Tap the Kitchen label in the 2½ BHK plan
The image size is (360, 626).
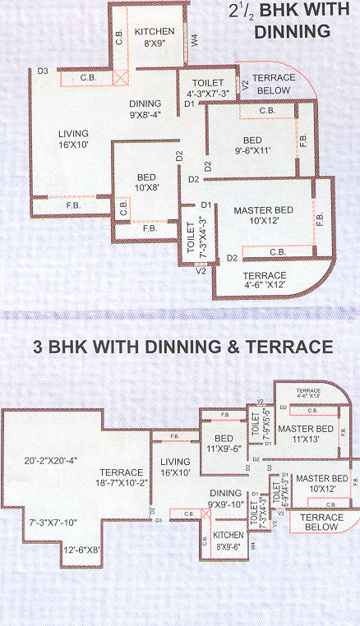click(155, 36)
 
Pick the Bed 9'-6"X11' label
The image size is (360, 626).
click(252, 145)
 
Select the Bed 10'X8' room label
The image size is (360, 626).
click(148, 182)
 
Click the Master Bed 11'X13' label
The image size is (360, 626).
click(304, 434)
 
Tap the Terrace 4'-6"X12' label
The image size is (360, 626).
click(265, 280)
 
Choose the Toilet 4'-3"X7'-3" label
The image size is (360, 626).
click(206, 89)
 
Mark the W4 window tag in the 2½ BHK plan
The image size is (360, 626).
click(194, 39)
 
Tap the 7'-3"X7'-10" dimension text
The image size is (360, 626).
click(51, 522)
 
